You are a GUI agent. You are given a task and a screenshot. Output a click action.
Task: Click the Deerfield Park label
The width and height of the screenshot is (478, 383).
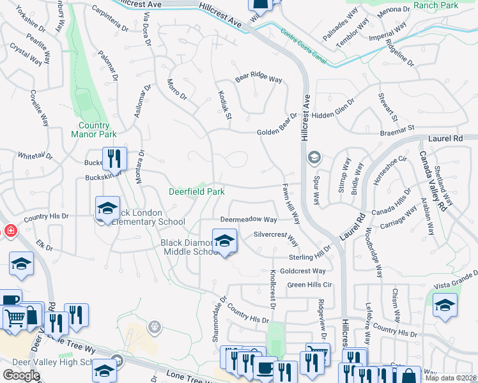[196, 191]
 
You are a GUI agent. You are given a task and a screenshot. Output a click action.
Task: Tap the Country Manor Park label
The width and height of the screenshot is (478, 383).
[98, 130]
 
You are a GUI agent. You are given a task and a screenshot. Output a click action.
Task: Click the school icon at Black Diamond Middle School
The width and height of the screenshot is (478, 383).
[224, 241]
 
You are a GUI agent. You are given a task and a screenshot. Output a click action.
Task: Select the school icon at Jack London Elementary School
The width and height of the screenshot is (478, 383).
[107, 209]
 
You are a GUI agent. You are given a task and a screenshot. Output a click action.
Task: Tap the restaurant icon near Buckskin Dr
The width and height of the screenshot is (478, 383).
[114, 158]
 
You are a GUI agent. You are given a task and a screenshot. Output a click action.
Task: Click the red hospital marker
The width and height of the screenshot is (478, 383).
[9, 230]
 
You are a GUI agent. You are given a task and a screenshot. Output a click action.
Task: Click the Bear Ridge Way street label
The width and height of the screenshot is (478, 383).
[259, 79]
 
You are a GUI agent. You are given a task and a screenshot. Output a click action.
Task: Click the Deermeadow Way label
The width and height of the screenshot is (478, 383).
[249, 220]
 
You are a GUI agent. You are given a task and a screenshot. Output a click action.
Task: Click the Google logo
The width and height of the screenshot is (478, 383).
[21, 375]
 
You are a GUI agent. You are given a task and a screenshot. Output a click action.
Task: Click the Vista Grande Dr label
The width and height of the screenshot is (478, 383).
[455, 279]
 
